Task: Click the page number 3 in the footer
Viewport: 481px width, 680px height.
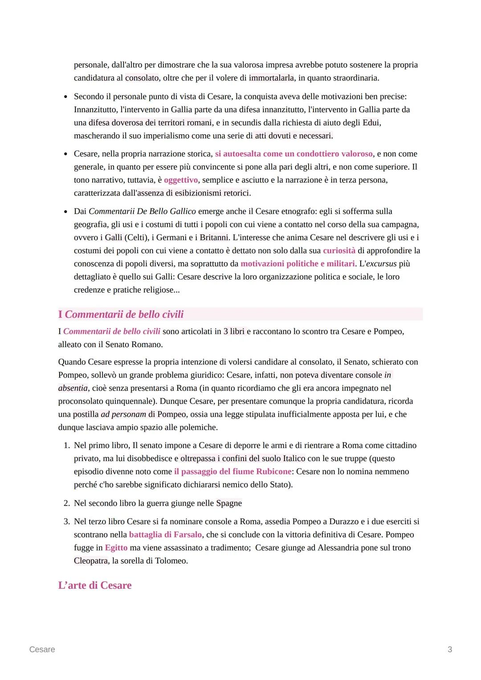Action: (449, 649)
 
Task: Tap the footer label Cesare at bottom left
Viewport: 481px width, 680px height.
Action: (42, 649)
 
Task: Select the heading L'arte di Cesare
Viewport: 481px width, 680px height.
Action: (95, 585)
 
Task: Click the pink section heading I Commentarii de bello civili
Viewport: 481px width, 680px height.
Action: (121, 314)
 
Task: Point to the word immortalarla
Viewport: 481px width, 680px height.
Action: (271, 78)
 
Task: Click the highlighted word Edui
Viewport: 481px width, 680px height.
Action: (371, 122)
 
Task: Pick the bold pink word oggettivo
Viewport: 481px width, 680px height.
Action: (181, 180)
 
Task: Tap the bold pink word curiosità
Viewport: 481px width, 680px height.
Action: (339, 251)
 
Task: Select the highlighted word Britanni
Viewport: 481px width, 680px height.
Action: (214, 237)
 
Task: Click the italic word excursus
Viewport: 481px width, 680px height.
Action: (381, 263)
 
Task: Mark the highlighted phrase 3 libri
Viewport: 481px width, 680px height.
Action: (234, 332)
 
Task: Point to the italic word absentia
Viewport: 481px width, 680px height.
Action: (73, 388)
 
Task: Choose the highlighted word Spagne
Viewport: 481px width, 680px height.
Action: (229, 503)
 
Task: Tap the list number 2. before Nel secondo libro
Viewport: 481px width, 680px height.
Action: (66, 503)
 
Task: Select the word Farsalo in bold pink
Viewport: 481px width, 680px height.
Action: (188, 534)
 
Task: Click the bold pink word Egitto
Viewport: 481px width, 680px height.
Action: (116, 547)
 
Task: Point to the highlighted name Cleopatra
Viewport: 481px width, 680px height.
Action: (91, 561)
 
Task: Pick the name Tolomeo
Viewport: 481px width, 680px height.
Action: (171, 561)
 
